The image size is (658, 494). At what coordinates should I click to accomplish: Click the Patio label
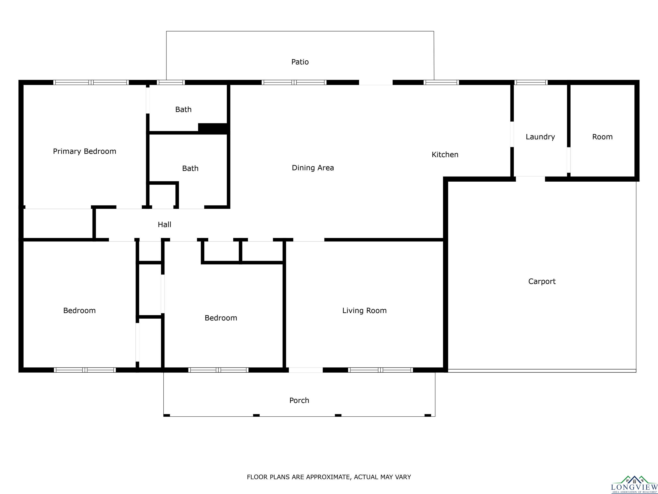coord(300,62)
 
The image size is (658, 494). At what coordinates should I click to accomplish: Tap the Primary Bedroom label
coord(84,151)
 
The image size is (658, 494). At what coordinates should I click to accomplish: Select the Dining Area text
coord(313,168)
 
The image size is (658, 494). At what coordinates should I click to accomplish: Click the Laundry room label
coord(540,137)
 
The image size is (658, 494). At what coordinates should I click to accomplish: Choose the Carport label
coord(542,281)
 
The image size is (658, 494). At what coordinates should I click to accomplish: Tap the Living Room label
coord(364,311)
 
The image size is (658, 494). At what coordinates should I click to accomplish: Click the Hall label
coord(164,224)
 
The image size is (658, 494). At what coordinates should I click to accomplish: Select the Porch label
coord(299,401)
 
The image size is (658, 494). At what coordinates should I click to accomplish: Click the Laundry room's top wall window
coord(531,83)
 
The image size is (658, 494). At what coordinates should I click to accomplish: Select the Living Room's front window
coord(380,370)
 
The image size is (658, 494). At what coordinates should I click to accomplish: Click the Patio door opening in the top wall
coord(376,83)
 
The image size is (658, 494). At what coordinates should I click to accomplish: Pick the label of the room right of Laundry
coord(602,137)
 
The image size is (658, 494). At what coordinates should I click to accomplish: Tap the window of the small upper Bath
coord(171,83)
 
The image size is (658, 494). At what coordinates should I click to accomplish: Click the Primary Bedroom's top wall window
coord(91,83)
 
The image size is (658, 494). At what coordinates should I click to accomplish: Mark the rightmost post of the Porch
coord(428,415)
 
